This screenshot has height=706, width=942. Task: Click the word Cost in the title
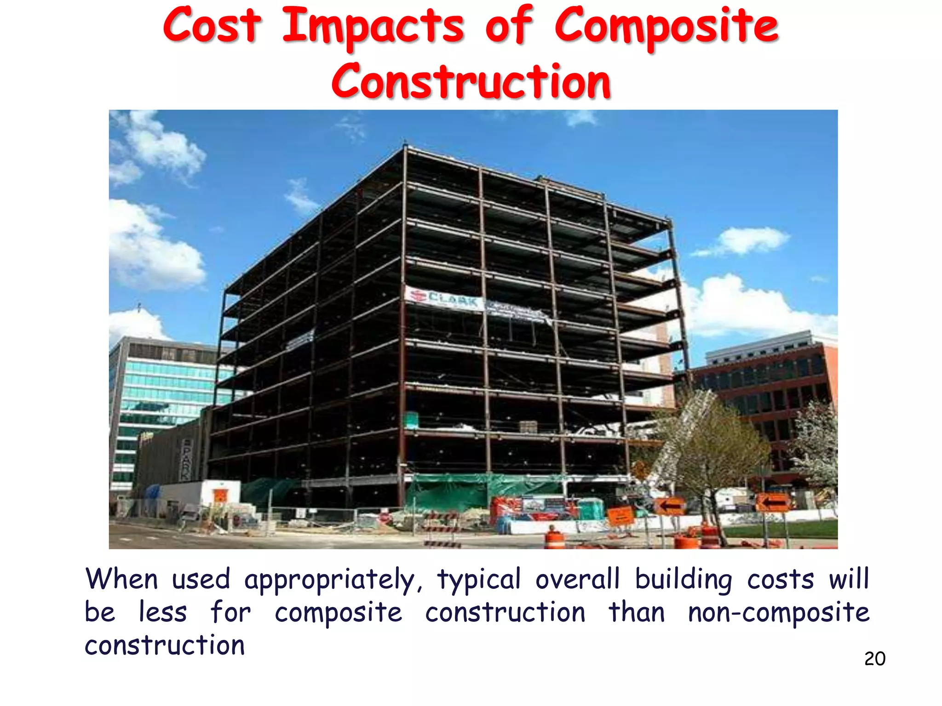(x=212, y=26)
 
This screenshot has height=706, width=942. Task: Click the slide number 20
(x=874, y=659)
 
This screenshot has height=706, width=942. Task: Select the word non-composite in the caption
(x=778, y=613)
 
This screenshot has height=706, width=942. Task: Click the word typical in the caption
(x=478, y=580)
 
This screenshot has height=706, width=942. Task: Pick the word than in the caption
(x=637, y=613)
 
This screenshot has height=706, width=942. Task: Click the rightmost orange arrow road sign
(x=773, y=503)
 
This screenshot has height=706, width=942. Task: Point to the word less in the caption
(x=163, y=613)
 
